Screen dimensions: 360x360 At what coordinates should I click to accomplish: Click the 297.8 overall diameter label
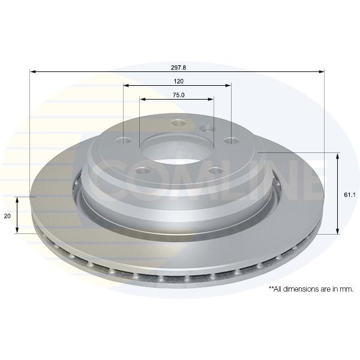178,68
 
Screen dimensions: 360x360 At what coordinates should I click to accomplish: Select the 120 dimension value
179,81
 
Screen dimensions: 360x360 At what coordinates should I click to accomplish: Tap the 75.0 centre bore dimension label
179,95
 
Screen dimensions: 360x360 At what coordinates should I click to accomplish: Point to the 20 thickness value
7,216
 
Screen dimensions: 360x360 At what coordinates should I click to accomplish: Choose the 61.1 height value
350,195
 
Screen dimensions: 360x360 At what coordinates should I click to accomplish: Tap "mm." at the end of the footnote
347,289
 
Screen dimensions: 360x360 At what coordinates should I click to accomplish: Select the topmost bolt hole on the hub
179,123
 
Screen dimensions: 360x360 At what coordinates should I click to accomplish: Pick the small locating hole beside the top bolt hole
207,128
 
